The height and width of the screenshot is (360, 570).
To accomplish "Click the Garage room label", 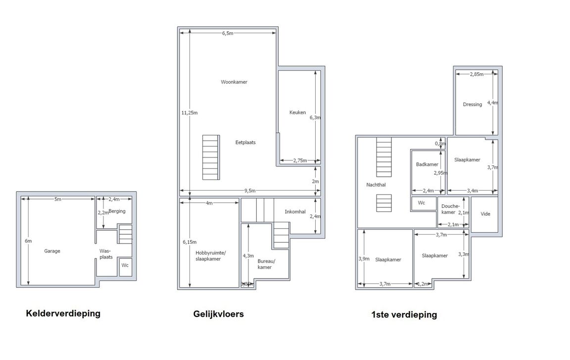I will (x=52, y=251).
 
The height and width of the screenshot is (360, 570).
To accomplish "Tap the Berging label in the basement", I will (x=117, y=211).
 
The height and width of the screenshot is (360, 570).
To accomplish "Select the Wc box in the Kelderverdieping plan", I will (x=125, y=265).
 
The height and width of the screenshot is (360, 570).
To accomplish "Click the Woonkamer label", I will (x=234, y=82).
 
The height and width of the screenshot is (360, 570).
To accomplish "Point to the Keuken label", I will (x=297, y=112).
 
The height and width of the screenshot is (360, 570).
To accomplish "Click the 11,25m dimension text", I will (x=190, y=113).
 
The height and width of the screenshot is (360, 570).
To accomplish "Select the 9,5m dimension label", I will (x=249, y=191).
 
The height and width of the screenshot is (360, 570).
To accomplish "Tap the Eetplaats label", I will (x=245, y=142).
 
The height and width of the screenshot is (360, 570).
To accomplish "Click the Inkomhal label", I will (x=295, y=212).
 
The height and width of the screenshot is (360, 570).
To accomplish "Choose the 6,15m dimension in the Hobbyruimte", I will (x=190, y=242).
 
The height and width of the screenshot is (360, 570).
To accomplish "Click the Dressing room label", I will (x=473, y=104).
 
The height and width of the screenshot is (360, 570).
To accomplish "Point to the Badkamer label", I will (x=427, y=164).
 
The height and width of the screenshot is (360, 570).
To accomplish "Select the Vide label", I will (x=485, y=214).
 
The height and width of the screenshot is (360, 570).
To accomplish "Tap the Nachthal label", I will (x=376, y=185).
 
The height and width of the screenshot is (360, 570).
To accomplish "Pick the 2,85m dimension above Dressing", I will (x=476, y=74).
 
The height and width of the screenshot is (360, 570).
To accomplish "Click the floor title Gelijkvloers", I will (x=218, y=314).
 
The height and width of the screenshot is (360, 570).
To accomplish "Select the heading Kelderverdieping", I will (x=63, y=313).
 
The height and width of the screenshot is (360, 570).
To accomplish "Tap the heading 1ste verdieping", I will (x=404, y=314).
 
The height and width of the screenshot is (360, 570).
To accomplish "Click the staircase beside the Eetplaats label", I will (x=210, y=157).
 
